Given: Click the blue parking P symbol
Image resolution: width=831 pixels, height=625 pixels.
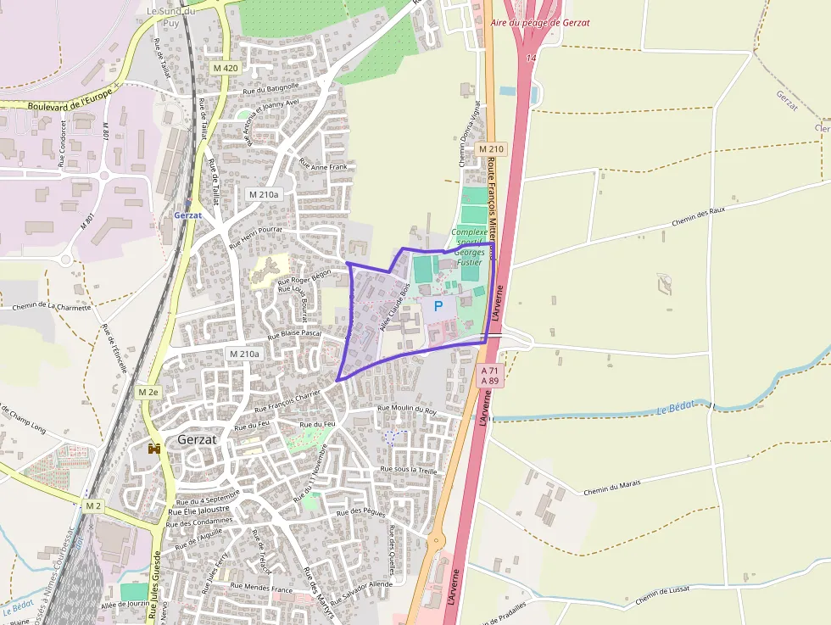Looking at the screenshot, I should (438, 306).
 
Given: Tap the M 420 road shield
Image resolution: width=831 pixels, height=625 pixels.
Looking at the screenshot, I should (226, 67).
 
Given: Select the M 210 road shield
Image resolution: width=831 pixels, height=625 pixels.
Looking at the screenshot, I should (491, 149).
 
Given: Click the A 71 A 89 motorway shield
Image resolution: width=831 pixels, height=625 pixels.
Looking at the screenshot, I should (490, 376).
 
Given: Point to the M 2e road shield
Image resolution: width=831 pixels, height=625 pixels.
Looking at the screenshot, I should (148, 392).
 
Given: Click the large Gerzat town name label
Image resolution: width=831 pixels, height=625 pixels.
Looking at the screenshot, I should (198, 440).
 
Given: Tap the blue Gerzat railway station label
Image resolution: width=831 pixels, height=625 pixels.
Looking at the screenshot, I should (188, 215).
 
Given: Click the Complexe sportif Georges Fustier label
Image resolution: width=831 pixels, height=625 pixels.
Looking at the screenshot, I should (470, 247).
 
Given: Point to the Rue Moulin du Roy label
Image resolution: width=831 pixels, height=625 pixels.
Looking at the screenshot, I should (407, 410).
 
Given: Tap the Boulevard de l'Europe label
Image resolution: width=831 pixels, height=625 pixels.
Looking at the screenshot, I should (70, 101).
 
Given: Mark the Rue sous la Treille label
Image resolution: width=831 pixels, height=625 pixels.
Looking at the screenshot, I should (409, 469).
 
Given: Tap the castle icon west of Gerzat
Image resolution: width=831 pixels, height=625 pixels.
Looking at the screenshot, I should (154, 448).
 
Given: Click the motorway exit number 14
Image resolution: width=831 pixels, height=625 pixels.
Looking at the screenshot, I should (531, 58).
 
